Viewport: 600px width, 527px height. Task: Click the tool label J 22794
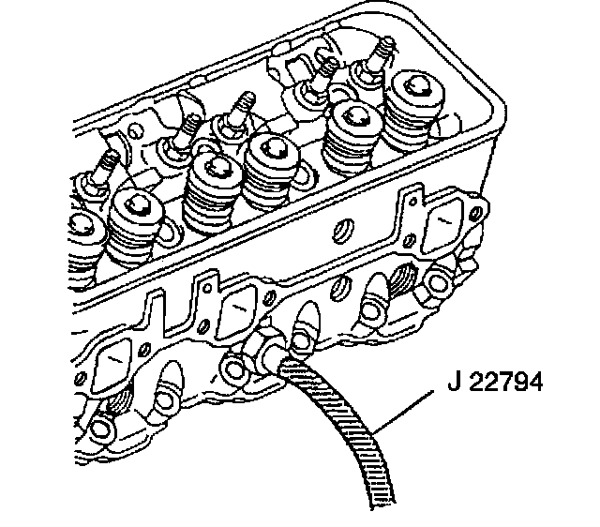pyautogui.click(x=495, y=382)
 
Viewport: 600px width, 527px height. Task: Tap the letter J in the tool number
pyautogui.click(x=454, y=382)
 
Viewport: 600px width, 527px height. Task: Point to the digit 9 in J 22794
pyautogui.click(x=518, y=382)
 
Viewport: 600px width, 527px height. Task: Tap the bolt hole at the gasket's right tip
pyautogui.click(x=477, y=212)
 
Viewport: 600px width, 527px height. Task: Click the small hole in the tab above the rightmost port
pyautogui.click(x=413, y=202)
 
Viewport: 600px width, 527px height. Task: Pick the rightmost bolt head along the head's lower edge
pyautogui.click(x=437, y=282)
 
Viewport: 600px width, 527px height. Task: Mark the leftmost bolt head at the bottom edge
pyautogui.click(x=100, y=428)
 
